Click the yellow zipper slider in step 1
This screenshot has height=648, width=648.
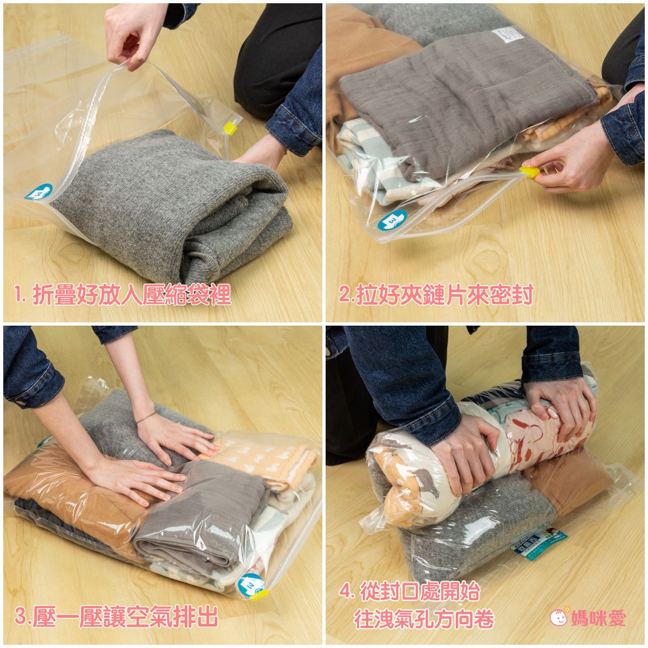pos(231,129)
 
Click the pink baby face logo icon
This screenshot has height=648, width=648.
pos(559,617)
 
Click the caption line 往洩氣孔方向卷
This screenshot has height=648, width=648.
pos(424,619)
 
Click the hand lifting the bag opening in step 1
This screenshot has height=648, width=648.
pos(130,38)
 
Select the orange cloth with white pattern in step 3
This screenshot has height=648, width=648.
pos(265,459)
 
